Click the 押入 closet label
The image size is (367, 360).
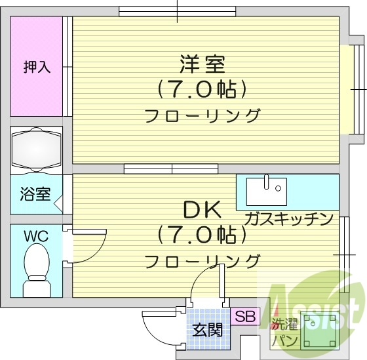point(37,67)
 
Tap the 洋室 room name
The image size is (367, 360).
point(203,64)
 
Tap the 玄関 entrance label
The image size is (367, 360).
point(207,329)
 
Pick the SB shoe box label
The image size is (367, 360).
point(244,316)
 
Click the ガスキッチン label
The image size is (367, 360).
point(289,218)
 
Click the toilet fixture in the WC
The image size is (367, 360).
point(35,272)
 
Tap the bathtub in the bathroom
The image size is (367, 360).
point(36,149)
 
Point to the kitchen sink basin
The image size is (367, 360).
point(266,191)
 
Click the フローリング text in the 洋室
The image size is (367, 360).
point(203,116)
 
